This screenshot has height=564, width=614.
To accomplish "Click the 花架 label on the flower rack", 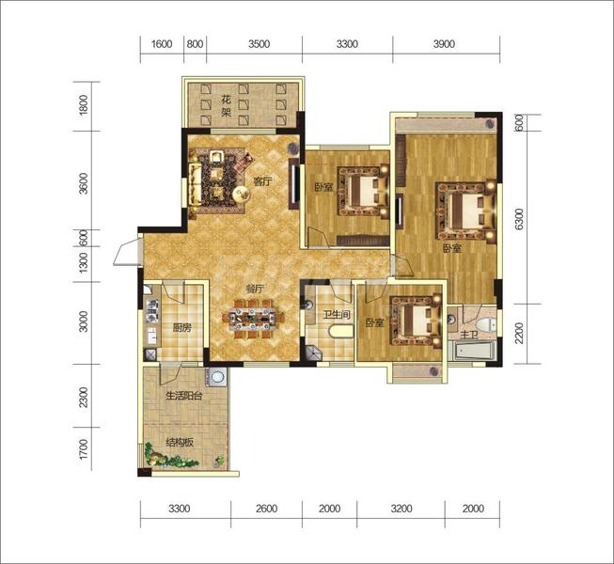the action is pyautogui.click(x=227, y=106).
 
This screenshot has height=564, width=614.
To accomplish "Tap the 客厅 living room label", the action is pyautogui.click(x=262, y=181).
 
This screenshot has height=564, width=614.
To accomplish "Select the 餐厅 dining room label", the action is pyautogui.click(x=254, y=290).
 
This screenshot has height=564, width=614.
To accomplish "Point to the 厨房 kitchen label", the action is pyautogui.click(x=182, y=328).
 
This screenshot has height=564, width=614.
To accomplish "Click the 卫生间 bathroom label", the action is pyautogui.click(x=337, y=314).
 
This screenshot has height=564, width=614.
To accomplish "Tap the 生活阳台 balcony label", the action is pyautogui.click(x=184, y=396).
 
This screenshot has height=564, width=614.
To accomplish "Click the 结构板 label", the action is pyautogui.click(x=180, y=443).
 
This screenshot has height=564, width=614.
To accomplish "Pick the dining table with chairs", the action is pyautogui.click(x=253, y=319).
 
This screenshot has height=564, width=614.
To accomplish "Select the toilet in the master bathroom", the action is pyautogui.click(x=485, y=324).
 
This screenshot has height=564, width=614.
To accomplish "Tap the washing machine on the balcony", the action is pyautogui.click(x=216, y=377).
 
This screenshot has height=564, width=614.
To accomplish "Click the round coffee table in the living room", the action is pyautogui.click(x=242, y=194).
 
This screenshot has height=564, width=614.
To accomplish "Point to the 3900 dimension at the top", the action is pyautogui.click(x=444, y=44).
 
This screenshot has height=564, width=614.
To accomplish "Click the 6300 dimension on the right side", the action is pyautogui.click(x=518, y=219).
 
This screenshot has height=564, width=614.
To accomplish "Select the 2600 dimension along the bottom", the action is pyautogui.click(x=266, y=509).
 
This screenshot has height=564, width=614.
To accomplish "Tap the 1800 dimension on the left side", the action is pyautogui.click(x=84, y=104).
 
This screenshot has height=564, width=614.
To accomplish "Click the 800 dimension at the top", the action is pyautogui.click(x=195, y=44).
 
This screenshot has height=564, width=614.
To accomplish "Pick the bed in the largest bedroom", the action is pyautogui.click(x=466, y=210).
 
